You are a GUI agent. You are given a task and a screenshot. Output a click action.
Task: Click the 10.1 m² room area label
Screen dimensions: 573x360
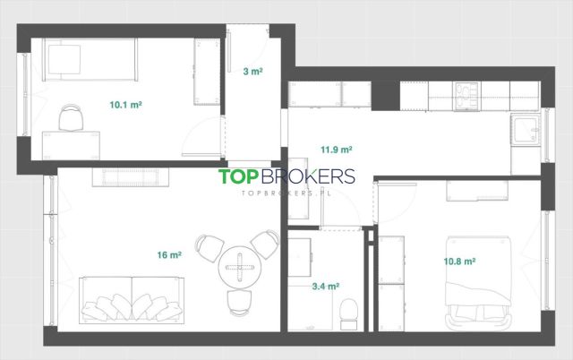(x=125, y=105)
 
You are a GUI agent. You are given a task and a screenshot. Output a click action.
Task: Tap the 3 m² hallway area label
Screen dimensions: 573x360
(x=252, y=72)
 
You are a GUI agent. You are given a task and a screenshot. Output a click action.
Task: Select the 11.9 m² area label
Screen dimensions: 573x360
(x=337, y=150)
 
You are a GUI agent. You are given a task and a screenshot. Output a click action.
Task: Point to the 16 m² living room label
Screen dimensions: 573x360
(x=169, y=254)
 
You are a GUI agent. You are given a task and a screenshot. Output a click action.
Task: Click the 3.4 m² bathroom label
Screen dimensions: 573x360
(x=325, y=287)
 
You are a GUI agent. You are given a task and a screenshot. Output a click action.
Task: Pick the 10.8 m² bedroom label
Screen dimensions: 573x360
(x=459, y=261)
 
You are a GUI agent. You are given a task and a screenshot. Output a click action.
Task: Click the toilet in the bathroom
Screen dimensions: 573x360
(x=348, y=313)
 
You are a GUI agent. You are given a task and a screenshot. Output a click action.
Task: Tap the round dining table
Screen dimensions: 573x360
(x=240, y=267)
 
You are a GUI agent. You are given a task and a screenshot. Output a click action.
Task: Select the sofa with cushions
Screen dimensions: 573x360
(x=132, y=300)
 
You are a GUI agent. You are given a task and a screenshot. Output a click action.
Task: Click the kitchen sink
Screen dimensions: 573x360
(x=526, y=130)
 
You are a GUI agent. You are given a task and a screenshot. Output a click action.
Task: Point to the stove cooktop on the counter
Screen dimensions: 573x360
(x=466, y=96)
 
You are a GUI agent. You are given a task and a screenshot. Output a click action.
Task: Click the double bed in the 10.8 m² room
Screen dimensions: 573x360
(x=478, y=283)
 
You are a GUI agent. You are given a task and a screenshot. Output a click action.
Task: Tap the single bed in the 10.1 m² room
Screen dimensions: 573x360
(x=90, y=60)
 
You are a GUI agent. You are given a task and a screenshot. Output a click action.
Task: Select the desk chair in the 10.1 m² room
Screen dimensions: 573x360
(x=71, y=117)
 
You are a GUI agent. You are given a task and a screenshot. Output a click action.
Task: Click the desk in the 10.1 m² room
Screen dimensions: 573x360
(x=71, y=145)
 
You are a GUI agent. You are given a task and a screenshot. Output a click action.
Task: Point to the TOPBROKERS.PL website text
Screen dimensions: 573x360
(x=286, y=193)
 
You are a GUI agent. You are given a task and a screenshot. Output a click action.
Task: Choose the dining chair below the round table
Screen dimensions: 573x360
(x=240, y=303)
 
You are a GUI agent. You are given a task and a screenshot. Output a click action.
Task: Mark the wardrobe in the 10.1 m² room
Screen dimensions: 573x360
(x=207, y=72)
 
